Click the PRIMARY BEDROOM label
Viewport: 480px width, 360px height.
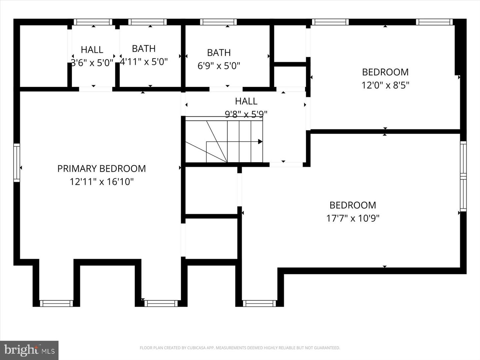101,169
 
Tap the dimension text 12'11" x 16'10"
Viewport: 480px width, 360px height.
101,182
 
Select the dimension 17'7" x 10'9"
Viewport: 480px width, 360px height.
353,218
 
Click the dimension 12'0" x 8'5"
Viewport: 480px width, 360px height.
385,85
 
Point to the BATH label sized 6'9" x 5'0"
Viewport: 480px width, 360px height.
219,53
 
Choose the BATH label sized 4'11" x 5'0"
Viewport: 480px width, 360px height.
144,49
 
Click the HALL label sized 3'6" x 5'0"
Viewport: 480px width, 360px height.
92,50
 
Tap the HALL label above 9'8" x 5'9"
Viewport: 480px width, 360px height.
246,101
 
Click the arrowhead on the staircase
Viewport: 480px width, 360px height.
260,142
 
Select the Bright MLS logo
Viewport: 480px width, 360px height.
29,350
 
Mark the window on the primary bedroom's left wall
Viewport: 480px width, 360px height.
17,163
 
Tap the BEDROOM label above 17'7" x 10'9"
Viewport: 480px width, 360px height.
353,205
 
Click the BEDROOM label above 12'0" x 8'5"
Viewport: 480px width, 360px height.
385,72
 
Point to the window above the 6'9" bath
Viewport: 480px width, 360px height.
218,22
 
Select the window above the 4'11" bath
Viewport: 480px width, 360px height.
147,22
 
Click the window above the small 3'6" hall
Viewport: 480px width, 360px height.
93,22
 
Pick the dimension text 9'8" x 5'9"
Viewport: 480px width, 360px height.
246,114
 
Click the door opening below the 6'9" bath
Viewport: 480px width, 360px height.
226,89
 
